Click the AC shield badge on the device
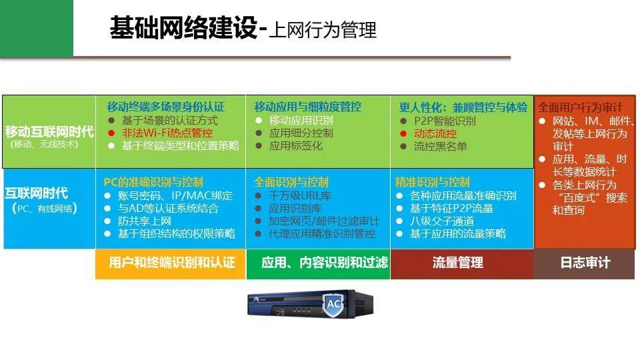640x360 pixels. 334,304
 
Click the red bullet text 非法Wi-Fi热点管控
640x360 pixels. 167,133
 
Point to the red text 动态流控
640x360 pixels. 435,133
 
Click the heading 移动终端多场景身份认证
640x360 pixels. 166,107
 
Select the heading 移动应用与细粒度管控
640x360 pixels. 308,107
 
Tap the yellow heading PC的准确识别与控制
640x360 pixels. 153,182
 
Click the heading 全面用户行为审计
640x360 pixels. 581,107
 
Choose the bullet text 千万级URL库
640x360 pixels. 299,196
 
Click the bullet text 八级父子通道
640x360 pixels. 442,221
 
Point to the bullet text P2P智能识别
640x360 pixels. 445,121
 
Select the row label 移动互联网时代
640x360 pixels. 49,131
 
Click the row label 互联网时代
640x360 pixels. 36,193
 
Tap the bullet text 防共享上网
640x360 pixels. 145,221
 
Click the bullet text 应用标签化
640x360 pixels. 296,146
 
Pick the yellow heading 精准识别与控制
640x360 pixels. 432,182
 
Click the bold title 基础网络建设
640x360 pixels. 184,28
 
